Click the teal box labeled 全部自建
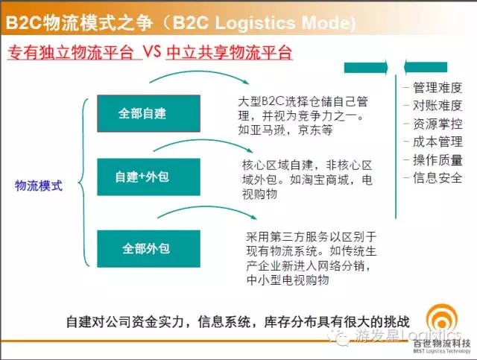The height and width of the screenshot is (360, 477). [149, 113]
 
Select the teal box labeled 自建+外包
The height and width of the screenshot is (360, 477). [149, 177]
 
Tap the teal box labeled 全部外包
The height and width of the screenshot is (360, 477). [149, 249]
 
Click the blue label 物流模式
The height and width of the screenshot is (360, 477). [39, 186]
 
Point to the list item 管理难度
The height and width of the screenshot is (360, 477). [437, 88]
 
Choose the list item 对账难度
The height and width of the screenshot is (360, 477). [437, 106]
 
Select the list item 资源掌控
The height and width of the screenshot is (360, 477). [437, 124]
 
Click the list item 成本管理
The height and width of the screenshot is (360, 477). [437, 142]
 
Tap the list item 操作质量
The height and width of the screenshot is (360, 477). [437, 160]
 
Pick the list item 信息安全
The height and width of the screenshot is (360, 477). [437, 178]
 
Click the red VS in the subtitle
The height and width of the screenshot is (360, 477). [152, 52]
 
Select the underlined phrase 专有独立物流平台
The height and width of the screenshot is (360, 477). [71, 53]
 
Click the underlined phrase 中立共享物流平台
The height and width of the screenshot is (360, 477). [230, 53]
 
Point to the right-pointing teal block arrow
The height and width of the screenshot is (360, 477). [366, 67]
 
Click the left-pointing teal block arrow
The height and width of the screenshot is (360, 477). [426, 67]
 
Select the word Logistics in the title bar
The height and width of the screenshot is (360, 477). [256, 22]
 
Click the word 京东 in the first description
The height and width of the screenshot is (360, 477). [309, 130]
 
